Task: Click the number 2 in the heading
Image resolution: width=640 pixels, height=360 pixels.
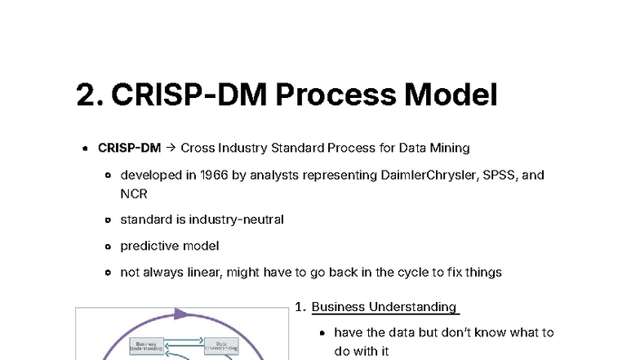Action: (87, 95)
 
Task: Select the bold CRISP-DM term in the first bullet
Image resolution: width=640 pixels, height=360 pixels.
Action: (129, 148)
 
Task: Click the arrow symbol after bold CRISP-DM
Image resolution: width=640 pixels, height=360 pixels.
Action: (171, 148)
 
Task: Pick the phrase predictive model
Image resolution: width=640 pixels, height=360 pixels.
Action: (170, 246)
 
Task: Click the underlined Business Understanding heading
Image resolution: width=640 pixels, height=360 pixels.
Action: (384, 307)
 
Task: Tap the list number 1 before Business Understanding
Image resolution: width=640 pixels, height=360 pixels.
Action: (299, 307)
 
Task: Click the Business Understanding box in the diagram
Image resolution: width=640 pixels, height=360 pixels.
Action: (147, 346)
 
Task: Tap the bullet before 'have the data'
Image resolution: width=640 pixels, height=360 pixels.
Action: (324, 333)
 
